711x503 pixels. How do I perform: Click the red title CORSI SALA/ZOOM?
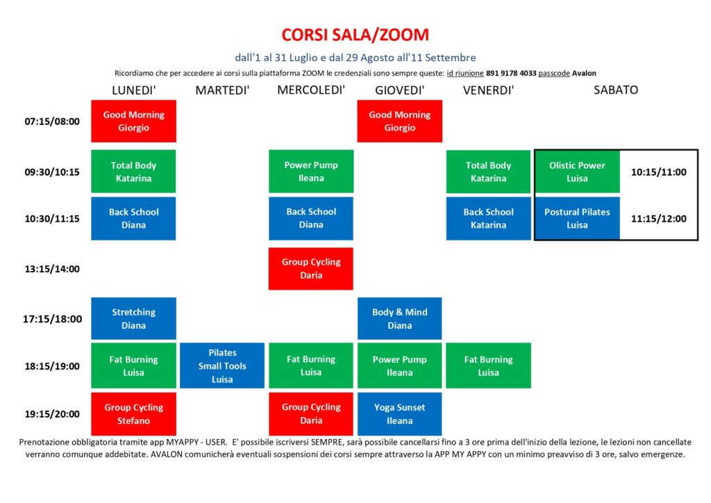[x=355, y=35]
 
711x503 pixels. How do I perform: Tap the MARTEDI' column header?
[x=222, y=90]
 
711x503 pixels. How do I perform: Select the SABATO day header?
[x=616, y=90]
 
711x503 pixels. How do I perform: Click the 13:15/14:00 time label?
[x=52, y=269]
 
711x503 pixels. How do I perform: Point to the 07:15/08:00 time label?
[x=52, y=122]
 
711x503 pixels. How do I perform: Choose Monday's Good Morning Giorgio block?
[x=134, y=121]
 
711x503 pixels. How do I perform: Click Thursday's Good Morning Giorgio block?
[x=399, y=121]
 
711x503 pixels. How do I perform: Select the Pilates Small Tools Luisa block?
[x=222, y=365]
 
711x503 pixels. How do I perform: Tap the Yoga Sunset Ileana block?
[x=399, y=414]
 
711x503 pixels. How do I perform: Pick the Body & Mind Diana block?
[x=399, y=318]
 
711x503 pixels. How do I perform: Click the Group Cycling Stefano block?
[x=134, y=414]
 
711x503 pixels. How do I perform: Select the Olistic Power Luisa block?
[x=577, y=172]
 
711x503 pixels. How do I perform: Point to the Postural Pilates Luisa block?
[x=577, y=218]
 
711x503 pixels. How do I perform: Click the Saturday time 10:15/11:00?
[x=659, y=172]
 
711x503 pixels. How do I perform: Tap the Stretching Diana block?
[x=134, y=318]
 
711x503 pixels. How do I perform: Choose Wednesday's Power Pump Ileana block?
[x=311, y=172]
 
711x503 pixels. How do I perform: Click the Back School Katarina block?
[x=488, y=218]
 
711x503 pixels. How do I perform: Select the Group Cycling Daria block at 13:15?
[x=311, y=268]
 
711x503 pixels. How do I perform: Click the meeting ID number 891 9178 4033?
[x=511, y=73]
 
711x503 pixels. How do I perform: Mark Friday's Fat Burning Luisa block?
[x=488, y=365]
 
